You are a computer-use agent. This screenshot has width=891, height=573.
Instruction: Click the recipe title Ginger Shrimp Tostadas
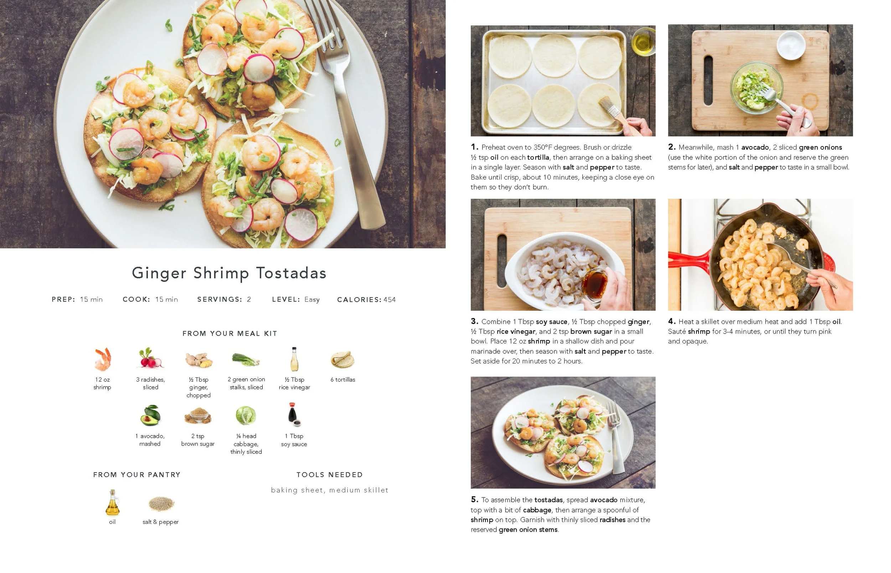click(229, 273)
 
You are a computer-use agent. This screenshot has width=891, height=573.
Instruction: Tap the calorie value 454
click(390, 300)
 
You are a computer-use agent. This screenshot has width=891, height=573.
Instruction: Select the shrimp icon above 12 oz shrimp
click(102, 359)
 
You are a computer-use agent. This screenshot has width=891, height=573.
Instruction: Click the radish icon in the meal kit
click(150, 358)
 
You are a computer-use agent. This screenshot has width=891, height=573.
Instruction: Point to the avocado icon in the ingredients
click(150, 415)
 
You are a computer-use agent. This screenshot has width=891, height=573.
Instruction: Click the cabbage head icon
click(246, 415)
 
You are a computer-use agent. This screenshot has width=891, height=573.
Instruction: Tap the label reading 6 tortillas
click(343, 380)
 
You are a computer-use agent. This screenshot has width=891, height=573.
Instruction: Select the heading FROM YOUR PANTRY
click(137, 475)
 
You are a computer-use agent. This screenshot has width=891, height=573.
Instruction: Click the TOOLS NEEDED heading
click(330, 475)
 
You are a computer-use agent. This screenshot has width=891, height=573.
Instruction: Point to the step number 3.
click(474, 321)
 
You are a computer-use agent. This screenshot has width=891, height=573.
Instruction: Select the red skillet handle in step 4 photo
click(688, 259)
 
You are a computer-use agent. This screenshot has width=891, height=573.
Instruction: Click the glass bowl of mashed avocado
click(755, 87)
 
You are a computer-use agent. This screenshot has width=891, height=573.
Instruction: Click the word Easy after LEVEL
click(312, 300)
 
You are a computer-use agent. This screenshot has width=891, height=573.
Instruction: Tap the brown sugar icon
click(197, 415)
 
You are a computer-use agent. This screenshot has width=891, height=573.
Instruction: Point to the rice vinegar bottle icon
click(294, 359)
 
